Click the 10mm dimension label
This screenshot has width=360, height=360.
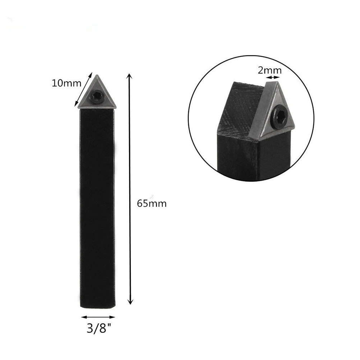66,83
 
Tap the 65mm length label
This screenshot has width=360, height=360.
152,203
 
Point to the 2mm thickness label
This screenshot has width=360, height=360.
269,70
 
